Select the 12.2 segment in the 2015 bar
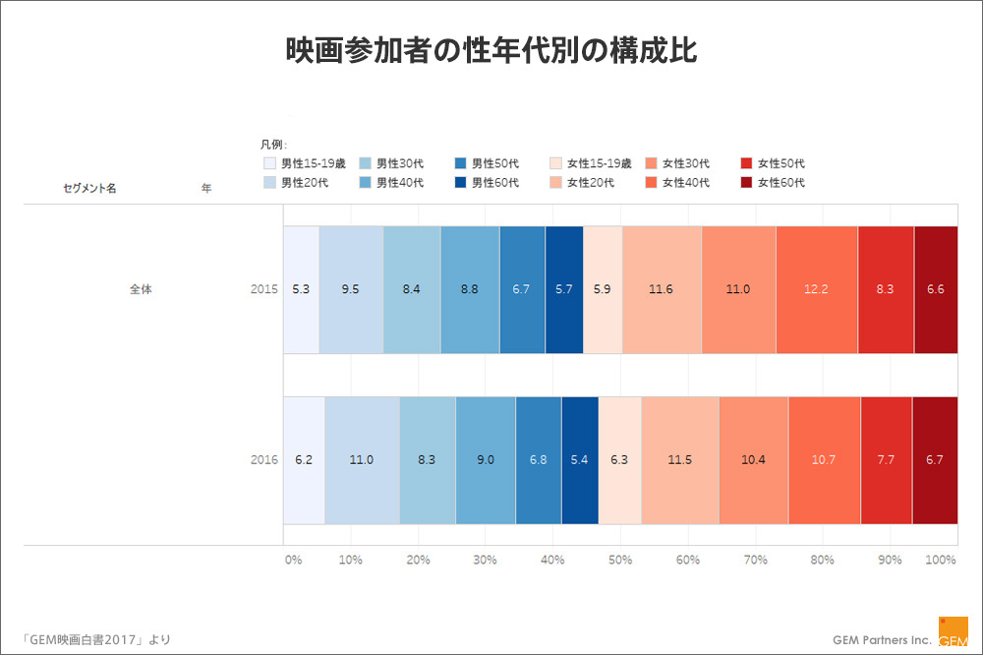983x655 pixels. tap(817, 289)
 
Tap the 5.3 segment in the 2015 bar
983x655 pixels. tap(301, 289)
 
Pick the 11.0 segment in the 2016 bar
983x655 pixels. tap(362, 459)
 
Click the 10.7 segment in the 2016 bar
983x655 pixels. tap(824, 459)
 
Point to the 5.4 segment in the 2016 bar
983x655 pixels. tap(580, 459)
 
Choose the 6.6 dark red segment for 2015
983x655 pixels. tap(936, 289)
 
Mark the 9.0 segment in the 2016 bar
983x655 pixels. tap(486, 459)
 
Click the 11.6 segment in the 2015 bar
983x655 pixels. tap(662, 289)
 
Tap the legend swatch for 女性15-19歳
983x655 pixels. tap(556, 163)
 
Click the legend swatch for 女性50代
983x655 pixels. tap(746, 163)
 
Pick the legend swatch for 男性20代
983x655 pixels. tap(270, 182)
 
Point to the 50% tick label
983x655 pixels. tap(620, 560)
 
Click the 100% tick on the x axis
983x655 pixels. tap(941, 560)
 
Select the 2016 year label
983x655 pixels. tap(263, 459)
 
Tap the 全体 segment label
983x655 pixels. tap(141, 289)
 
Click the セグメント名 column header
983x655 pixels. tap(89, 188)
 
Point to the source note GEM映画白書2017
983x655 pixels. tap(87, 639)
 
